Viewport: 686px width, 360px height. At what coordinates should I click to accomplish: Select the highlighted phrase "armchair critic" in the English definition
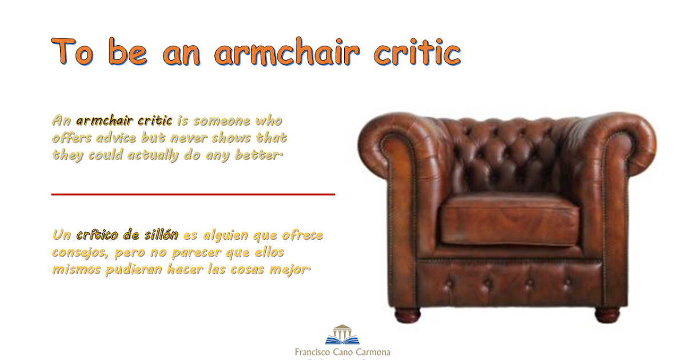pyautogui.click(x=124, y=121)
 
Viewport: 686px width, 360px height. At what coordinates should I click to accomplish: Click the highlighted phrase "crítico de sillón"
pyautogui.click(x=127, y=235)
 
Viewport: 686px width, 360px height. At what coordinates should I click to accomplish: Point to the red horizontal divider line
pyautogui.click(x=193, y=194)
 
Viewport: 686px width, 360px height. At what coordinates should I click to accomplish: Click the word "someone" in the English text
pyautogui.click(x=222, y=121)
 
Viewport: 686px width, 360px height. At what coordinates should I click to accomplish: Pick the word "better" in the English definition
pyautogui.click(x=258, y=155)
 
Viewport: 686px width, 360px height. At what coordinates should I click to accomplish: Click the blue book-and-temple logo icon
pyautogui.click(x=342, y=335)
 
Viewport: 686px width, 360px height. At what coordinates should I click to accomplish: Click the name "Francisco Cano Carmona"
pyautogui.click(x=342, y=352)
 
